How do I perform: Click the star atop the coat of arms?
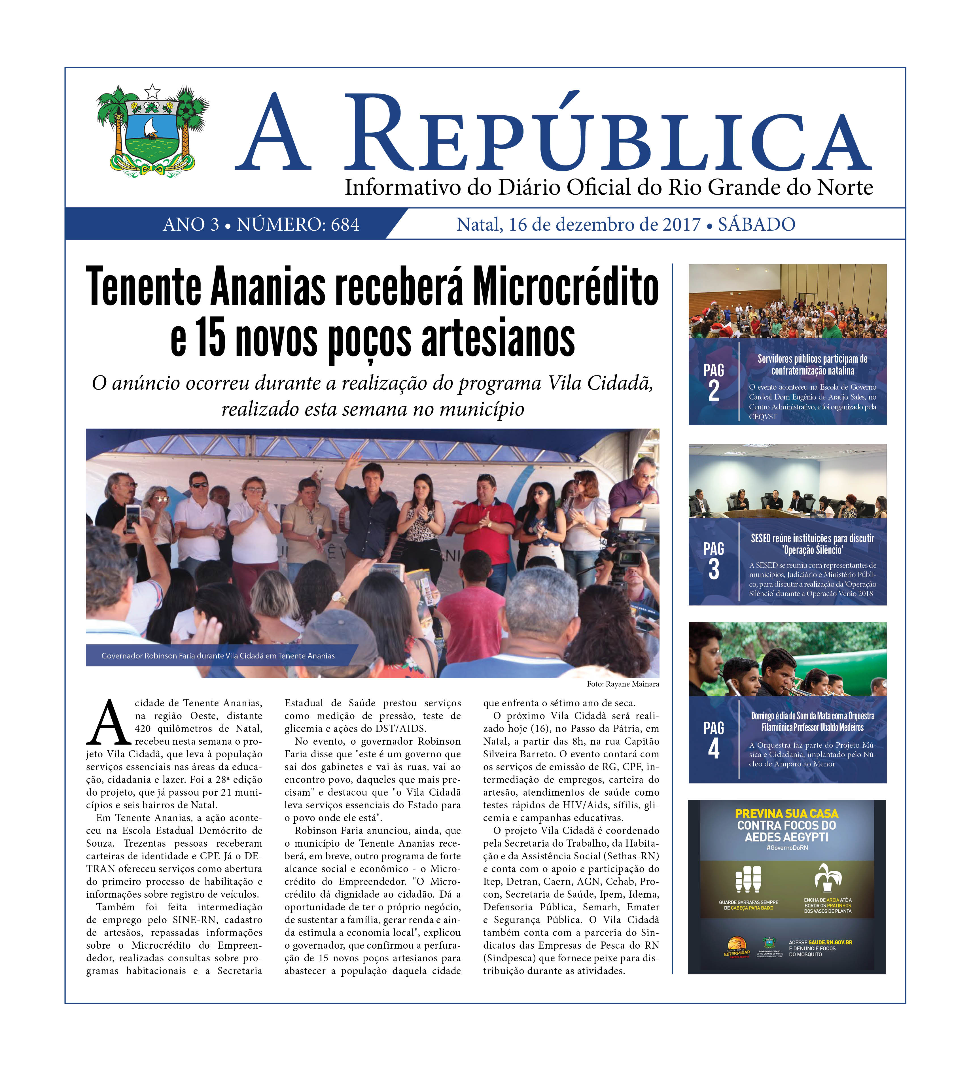pyautogui.click(x=152, y=91)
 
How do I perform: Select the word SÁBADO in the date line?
pyautogui.click(x=756, y=225)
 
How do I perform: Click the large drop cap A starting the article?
pyautogui.click(x=109, y=724)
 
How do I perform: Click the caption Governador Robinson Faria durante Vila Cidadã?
pyautogui.click(x=218, y=656)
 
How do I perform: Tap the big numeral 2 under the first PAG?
pyautogui.click(x=713, y=392)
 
